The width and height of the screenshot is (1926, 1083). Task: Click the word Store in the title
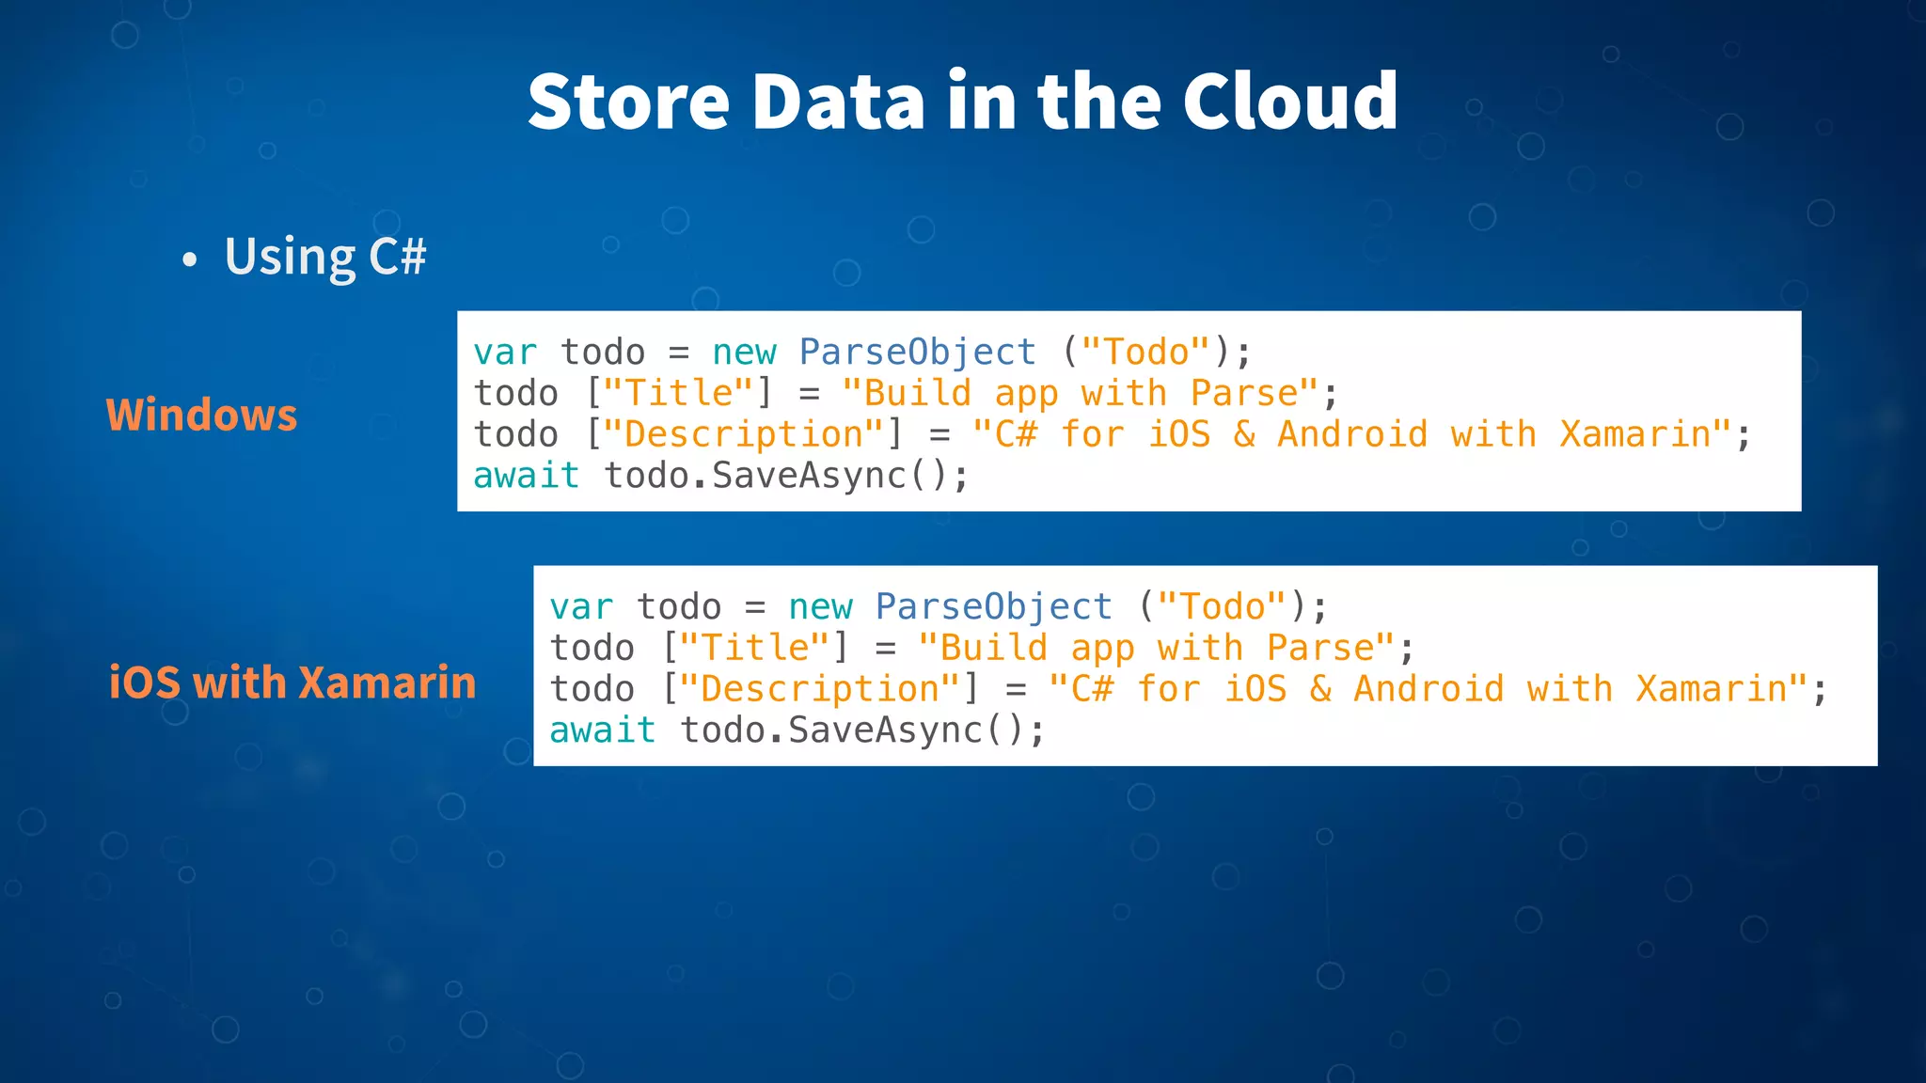(x=628, y=101)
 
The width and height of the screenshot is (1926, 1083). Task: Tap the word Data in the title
(x=838, y=101)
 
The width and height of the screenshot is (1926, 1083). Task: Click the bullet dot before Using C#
(x=190, y=259)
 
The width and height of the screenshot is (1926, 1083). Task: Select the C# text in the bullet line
(x=397, y=256)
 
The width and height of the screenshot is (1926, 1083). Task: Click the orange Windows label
(x=201, y=415)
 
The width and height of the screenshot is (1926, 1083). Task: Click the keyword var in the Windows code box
(x=505, y=353)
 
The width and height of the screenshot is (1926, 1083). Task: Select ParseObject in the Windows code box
(x=917, y=353)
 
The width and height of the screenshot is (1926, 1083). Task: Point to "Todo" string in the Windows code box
(x=1145, y=353)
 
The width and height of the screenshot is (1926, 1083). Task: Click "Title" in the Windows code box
(x=678, y=393)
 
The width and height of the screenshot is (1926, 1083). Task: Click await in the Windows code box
(x=526, y=476)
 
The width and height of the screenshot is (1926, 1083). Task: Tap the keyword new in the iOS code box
(x=820, y=607)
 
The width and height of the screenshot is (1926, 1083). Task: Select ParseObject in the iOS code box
(x=993, y=607)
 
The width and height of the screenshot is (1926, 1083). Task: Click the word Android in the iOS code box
(x=1429, y=689)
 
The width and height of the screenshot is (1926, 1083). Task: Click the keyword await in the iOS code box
(x=602, y=730)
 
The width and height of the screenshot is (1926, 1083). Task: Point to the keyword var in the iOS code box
(x=581, y=607)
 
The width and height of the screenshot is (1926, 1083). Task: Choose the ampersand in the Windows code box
(x=1244, y=434)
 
